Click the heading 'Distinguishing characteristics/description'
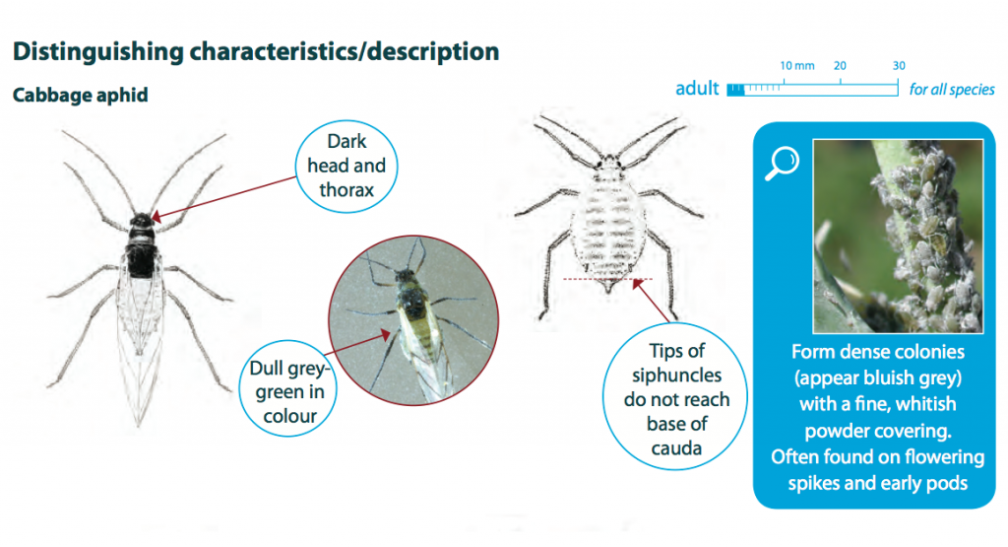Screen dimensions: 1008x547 coord(256,51)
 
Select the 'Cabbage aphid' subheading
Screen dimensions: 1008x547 coord(81,96)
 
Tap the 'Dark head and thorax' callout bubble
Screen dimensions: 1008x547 coord(346,166)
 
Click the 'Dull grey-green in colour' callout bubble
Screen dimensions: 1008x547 coord(289,389)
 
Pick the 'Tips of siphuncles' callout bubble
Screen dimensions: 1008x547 coord(676,397)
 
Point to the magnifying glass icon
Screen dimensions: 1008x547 coord(782,163)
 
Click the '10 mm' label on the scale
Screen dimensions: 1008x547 coord(797,66)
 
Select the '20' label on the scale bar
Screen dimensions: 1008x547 coord(840,66)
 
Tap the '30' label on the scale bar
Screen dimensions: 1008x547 coord(899,66)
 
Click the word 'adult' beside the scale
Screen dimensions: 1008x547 coord(697,88)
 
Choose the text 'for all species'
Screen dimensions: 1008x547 coord(952,90)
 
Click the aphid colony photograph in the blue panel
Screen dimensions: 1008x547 coord(898,237)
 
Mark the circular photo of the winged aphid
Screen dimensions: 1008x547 coord(413,320)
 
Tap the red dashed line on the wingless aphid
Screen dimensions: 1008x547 coord(607,279)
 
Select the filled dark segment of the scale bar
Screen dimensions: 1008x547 coord(735,90)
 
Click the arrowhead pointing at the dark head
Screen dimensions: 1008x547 coord(157,216)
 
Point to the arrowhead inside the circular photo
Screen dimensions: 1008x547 coord(385,335)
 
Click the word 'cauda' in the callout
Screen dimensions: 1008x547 coord(676,447)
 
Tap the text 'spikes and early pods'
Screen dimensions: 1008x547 coord(877,483)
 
